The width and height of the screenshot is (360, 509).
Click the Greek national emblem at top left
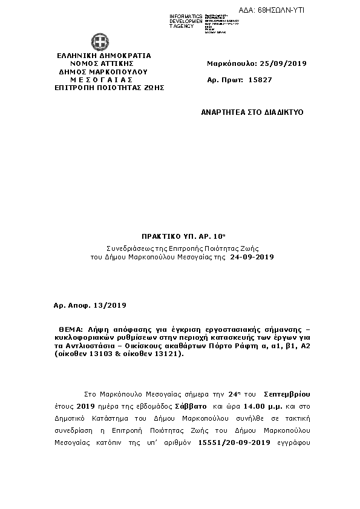click(x=100, y=43)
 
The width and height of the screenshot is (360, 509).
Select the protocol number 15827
click(x=261, y=80)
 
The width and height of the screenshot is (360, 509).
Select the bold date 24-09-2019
click(x=252, y=257)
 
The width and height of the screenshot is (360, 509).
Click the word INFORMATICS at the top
click(x=186, y=16)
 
